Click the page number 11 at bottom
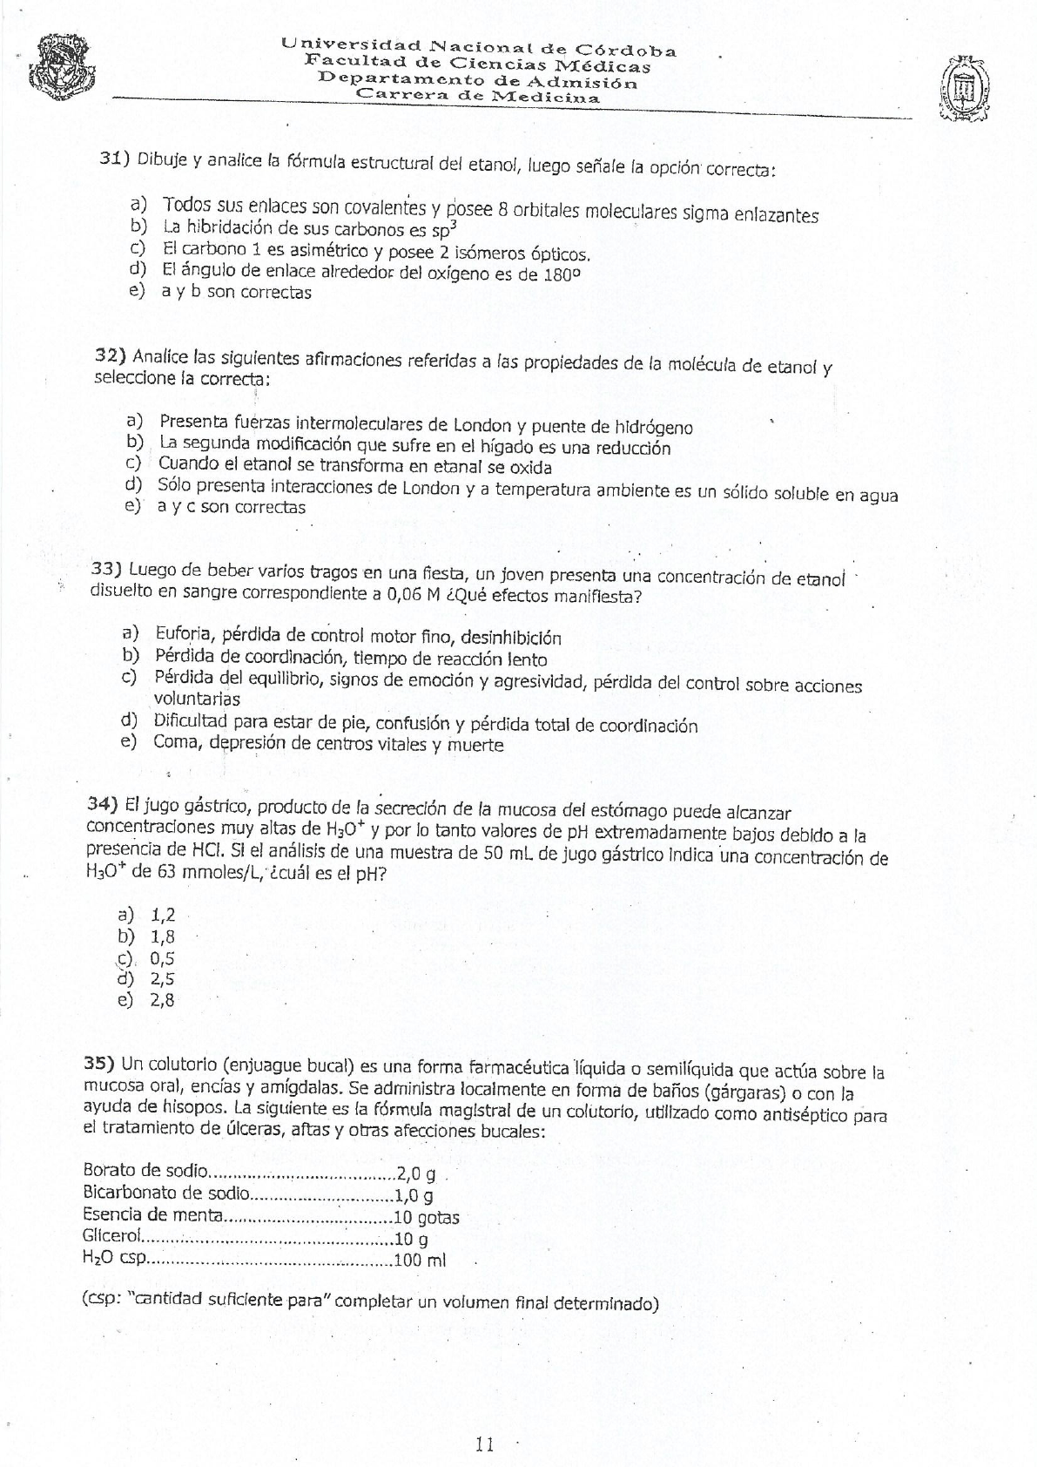point(485,1444)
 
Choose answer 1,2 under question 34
point(163,915)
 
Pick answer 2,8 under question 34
point(163,1000)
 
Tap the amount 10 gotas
point(427,1218)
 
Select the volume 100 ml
point(420,1261)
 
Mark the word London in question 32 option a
point(481,425)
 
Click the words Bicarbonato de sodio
point(166,1193)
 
